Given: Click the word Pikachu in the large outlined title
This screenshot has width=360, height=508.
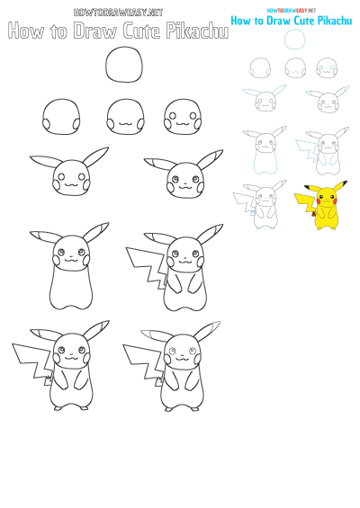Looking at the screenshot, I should tap(194, 31).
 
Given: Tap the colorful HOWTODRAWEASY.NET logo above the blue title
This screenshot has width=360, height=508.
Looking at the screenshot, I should tap(291, 10).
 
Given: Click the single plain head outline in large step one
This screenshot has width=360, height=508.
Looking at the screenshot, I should tap(123, 67).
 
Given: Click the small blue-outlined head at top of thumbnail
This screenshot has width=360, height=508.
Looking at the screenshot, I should tap(294, 39).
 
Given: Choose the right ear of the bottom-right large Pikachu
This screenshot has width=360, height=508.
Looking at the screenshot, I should tap(210, 328).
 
